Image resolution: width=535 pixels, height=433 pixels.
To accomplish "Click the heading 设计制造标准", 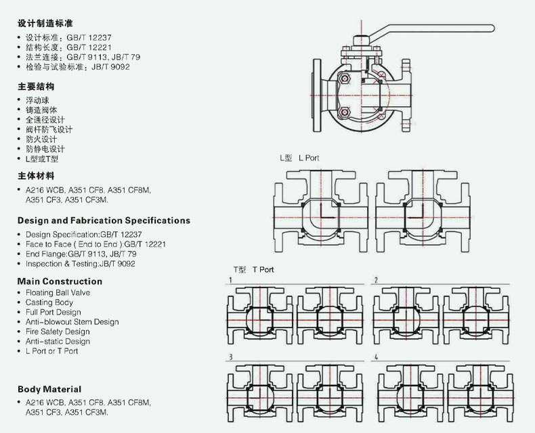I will [45, 23].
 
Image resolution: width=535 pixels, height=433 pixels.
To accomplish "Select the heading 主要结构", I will [36, 87].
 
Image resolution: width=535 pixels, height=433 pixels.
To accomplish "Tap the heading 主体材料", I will [36, 176].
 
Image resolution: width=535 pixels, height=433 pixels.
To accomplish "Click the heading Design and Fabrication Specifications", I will [104, 221].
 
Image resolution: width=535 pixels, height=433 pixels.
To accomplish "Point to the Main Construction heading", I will [60, 281].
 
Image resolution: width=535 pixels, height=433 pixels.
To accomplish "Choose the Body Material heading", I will [49, 389].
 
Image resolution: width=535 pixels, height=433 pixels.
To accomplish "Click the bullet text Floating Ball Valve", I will [58, 293].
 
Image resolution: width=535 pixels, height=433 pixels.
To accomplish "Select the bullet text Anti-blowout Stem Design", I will [72, 322].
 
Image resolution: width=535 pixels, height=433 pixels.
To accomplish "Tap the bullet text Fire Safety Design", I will [58, 332].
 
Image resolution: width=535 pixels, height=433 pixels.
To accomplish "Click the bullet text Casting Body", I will [49, 302].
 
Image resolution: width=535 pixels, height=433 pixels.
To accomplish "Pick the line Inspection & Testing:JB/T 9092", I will [80, 264].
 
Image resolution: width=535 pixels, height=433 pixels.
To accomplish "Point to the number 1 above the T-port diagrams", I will [231, 280].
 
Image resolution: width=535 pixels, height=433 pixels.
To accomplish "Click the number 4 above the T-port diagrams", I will [376, 357].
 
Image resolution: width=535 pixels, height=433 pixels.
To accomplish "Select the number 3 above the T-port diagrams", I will [231, 357].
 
